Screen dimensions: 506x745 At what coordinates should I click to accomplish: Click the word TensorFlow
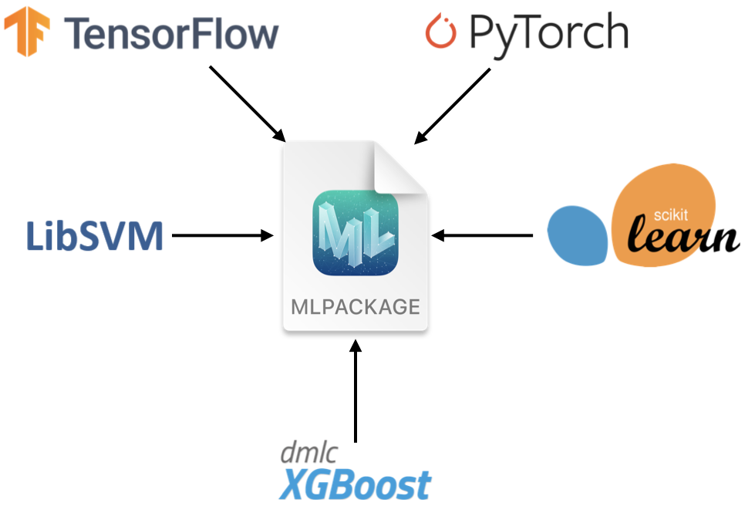coord(171,34)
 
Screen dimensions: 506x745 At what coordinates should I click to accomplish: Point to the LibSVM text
coord(95,235)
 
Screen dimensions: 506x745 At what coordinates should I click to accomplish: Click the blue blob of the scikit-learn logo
coord(576,235)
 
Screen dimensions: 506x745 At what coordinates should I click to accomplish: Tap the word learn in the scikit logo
coord(682,236)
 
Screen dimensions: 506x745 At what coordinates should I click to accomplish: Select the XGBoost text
coord(355,484)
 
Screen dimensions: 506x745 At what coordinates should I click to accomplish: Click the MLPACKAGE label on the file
coord(356,306)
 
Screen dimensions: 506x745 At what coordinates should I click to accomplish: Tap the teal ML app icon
coord(356,234)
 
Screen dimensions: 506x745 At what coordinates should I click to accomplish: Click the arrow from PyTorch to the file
coord(453,106)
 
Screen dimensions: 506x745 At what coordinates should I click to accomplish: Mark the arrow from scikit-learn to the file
coord(483,235)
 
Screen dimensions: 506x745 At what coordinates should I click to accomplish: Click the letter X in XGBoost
coord(293,484)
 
